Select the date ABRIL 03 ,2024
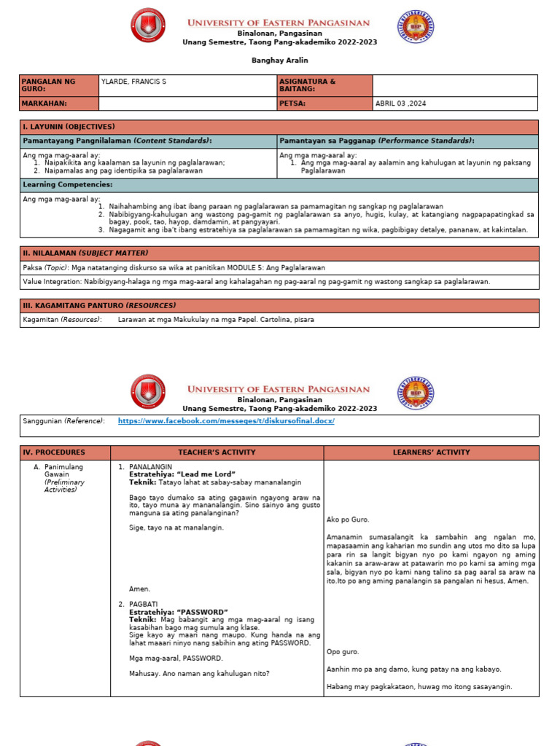[400, 103]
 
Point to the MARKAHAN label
[44, 103]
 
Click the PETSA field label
[292, 103]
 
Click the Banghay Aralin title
[280, 60]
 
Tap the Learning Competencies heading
[67, 184]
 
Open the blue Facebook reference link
[226, 421]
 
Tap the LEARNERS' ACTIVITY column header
[432, 452]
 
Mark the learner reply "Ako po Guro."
[349, 519]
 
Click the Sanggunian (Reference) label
[63, 421]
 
